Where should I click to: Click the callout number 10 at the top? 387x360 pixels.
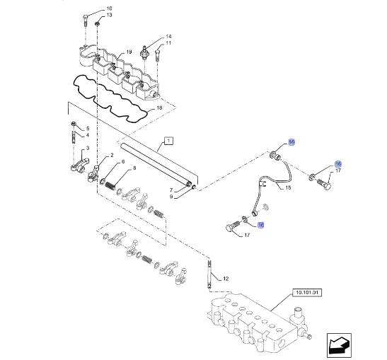108,8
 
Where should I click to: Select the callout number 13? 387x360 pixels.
108,15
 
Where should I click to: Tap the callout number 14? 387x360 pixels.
168,36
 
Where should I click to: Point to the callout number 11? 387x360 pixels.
168,43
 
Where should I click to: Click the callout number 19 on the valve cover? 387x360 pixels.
129,52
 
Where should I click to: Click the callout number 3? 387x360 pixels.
87,149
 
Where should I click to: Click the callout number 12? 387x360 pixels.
226,279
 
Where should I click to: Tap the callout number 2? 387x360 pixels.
110,156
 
